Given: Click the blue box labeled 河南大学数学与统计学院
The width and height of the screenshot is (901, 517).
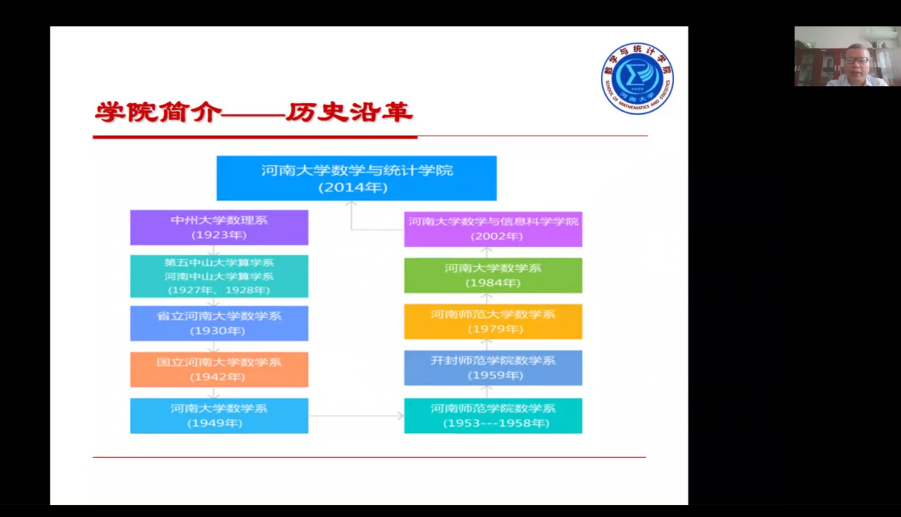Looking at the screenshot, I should (356, 178).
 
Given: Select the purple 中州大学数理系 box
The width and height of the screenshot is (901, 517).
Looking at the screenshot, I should (219, 227).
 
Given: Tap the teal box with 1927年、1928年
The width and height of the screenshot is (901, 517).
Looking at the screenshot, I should (219, 276).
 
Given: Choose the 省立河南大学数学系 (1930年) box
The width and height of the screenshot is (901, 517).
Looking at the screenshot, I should (219, 323).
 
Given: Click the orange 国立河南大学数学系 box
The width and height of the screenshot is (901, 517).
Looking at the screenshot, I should (219, 369).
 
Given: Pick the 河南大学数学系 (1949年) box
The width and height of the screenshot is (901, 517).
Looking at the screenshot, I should (219, 415).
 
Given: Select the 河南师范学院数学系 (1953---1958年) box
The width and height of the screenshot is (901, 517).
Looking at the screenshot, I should (493, 415).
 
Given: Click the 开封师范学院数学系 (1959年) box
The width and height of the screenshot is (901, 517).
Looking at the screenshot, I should (493, 368).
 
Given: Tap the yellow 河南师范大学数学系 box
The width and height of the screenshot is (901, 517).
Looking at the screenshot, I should (493, 321).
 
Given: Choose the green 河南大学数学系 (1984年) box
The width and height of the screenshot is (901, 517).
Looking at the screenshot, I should (493, 275).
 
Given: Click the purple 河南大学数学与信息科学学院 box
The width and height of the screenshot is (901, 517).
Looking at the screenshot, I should (493, 228).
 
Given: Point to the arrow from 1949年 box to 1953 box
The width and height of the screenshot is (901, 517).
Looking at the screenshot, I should (356, 415).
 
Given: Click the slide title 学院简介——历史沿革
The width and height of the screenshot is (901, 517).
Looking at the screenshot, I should (254, 112).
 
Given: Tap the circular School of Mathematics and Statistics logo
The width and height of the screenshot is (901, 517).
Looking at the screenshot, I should (637, 78).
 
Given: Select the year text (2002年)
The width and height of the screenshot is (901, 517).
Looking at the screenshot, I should (493, 236).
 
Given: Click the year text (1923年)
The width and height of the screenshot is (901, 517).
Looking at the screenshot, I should (219, 235).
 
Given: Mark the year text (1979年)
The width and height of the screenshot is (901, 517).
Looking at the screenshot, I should (493, 329).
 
